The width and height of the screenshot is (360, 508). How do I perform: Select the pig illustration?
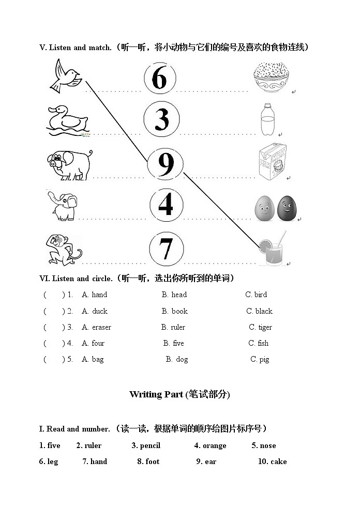pos(69,164)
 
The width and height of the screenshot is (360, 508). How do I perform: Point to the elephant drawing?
pos(64,205)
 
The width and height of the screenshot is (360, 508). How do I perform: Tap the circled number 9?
pos(166,163)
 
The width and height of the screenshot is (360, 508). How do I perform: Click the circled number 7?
pos(166,249)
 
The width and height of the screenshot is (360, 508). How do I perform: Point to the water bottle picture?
pos(267,119)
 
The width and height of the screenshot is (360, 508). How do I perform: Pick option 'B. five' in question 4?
pos(174,343)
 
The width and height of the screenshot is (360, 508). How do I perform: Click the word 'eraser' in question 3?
pos(101,327)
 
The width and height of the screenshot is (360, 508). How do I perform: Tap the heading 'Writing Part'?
pos(156,394)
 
